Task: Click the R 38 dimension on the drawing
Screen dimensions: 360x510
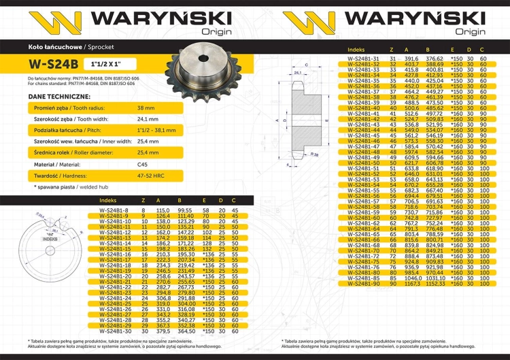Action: (316, 155)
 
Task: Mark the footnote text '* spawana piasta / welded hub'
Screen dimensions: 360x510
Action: (67, 186)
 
